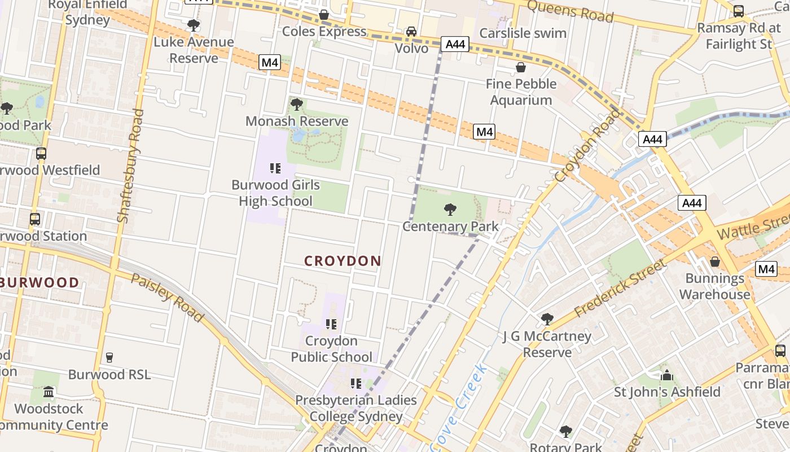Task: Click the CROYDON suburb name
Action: click(343, 261)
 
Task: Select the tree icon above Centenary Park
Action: click(450, 210)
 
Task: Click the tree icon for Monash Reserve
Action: click(296, 105)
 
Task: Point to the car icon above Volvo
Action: click(411, 32)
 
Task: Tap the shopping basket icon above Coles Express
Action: click(324, 15)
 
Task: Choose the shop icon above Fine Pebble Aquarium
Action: click(520, 68)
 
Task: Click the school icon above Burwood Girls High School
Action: click(275, 168)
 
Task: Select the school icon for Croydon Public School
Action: click(331, 324)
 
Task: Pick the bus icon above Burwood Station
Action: click(35, 219)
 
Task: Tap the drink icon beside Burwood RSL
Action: click(109, 358)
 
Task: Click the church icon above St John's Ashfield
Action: click(667, 375)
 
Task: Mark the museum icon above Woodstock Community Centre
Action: click(49, 392)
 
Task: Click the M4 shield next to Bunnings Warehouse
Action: click(766, 269)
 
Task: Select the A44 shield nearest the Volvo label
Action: click(455, 44)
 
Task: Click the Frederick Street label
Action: click(620, 288)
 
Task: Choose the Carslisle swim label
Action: click(523, 33)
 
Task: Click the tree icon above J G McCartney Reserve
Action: click(547, 319)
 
